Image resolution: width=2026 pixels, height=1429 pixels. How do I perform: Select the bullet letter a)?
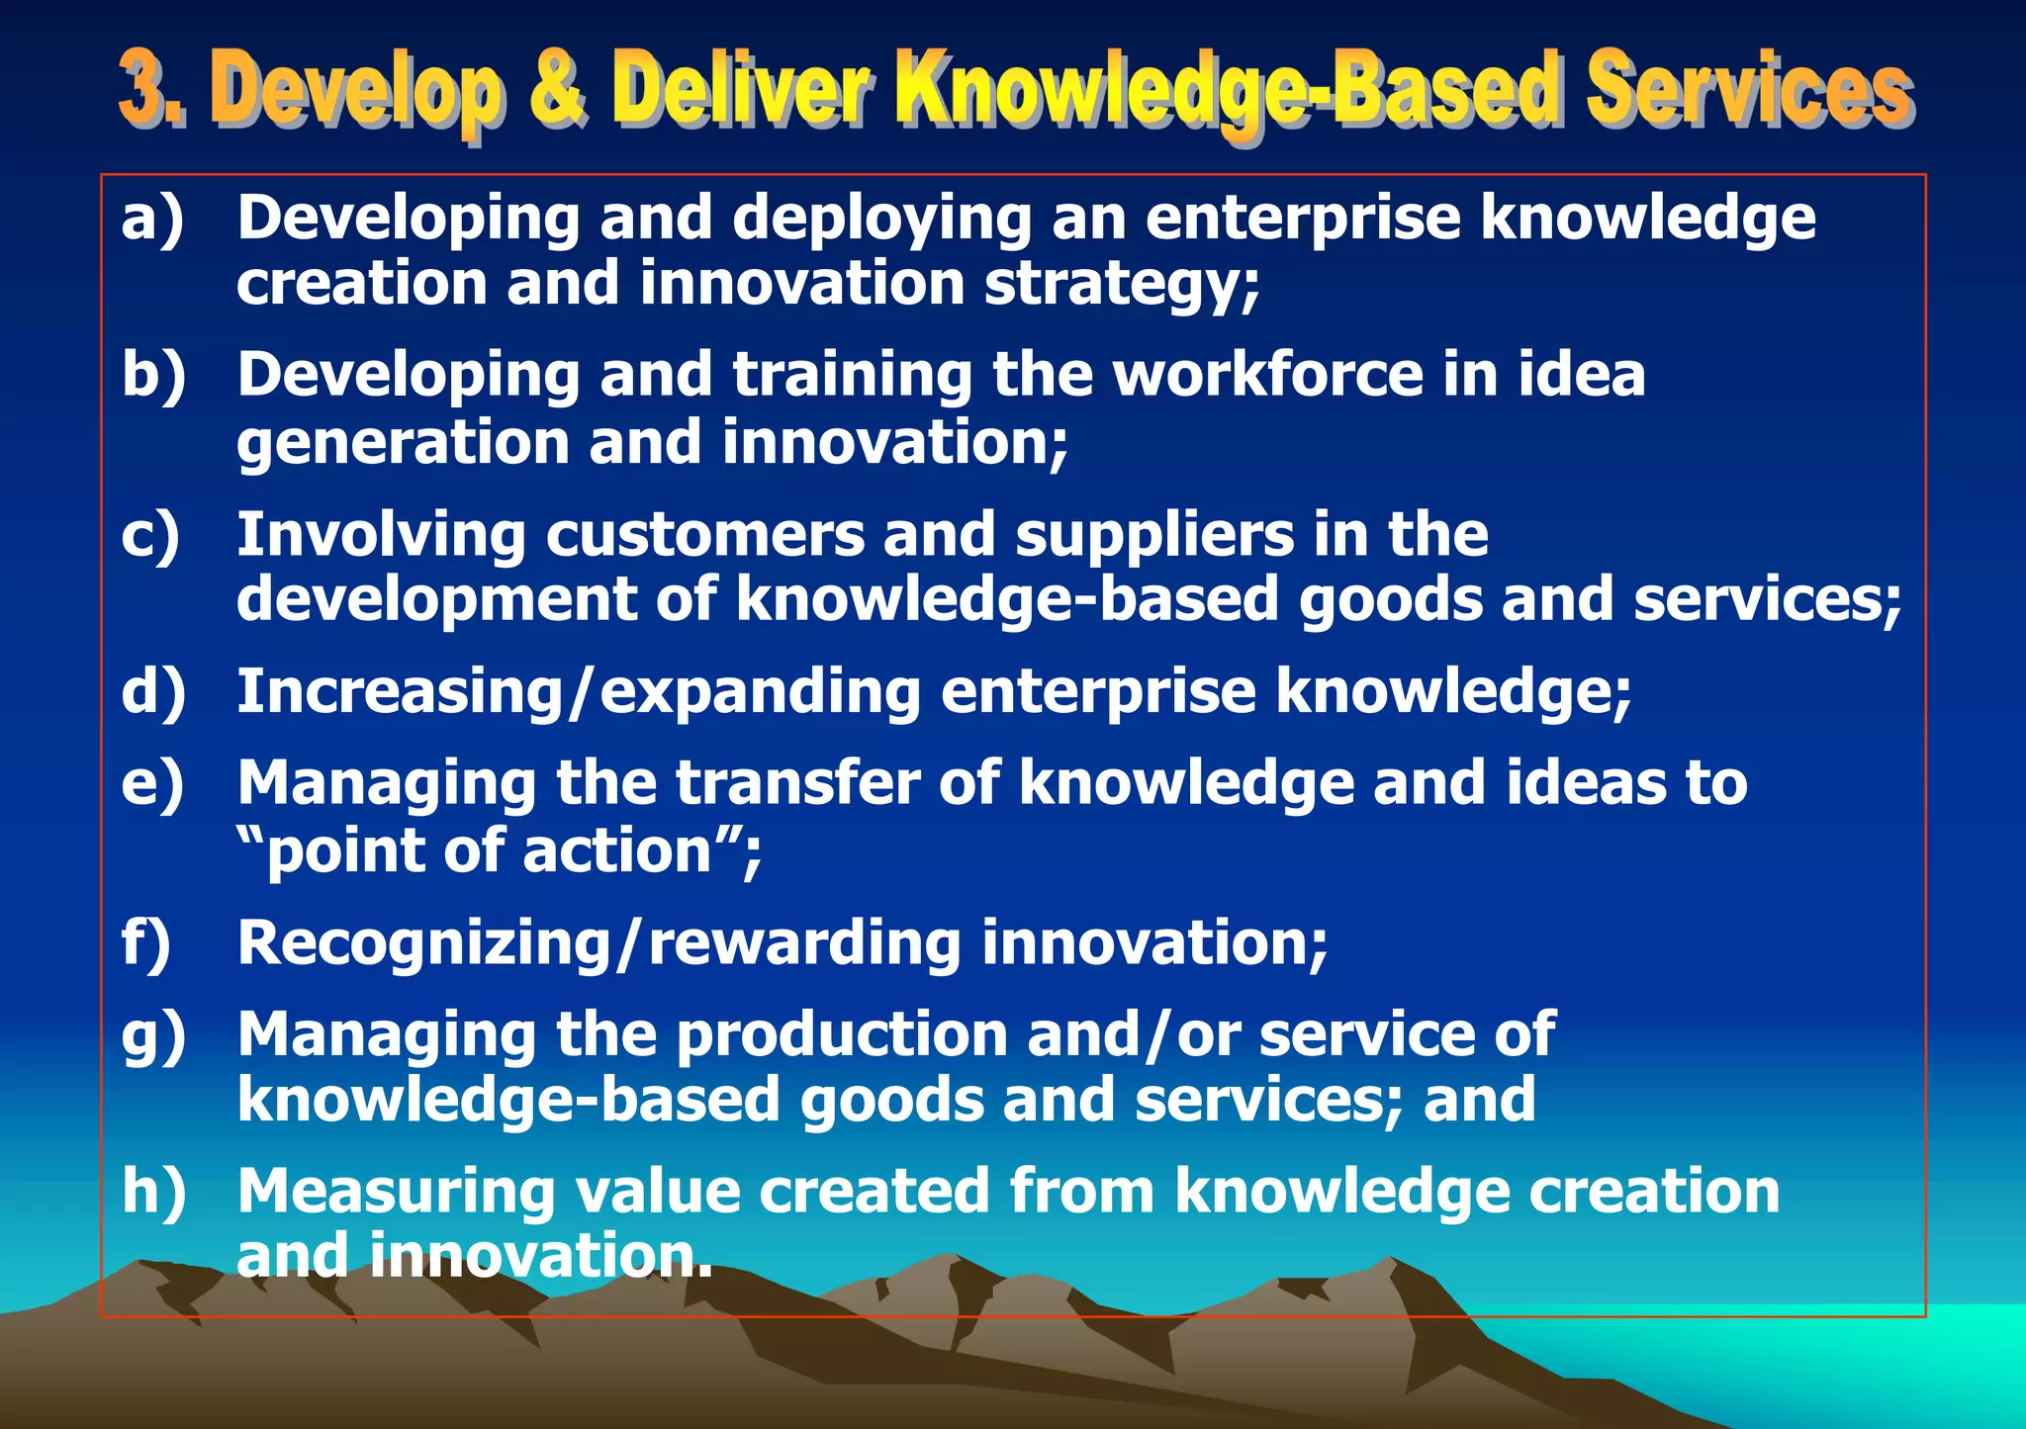[152, 218]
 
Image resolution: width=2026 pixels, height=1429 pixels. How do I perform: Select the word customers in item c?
[704, 535]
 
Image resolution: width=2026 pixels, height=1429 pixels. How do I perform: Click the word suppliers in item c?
[1153, 535]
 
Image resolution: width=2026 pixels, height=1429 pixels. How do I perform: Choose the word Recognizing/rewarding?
[599, 942]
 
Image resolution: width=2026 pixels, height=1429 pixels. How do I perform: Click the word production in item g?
[842, 1034]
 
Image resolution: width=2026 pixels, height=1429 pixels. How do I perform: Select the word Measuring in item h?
[396, 1191]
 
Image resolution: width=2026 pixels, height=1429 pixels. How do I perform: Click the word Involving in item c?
[381, 535]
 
